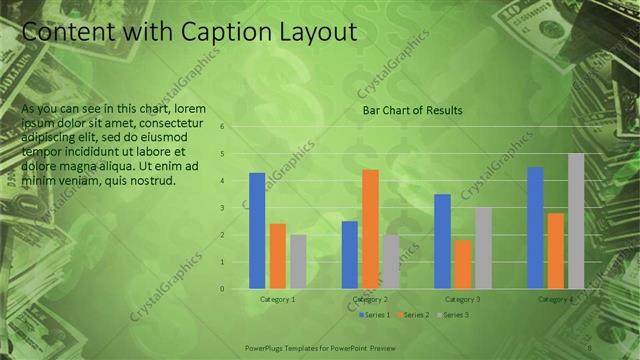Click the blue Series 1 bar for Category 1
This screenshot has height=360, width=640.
[x=257, y=230]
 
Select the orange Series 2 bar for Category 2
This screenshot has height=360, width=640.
[x=370, y=229]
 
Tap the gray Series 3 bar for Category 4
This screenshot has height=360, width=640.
[x=576, y=221]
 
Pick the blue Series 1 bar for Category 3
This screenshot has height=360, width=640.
[x=442, y=241]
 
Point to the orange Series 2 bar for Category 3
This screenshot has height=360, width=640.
[x=462, y=264]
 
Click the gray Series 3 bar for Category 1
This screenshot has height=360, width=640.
[x=298, y=261]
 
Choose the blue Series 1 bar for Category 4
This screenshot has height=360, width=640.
[x=535, y=227]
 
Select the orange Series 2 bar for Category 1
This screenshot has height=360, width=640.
[x=278, y=255]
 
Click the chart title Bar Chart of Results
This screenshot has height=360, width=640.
[x=412, y=111]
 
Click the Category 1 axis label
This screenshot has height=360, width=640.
[x=278, y=299]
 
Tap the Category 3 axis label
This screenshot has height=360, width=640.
[x=463, y=299]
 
